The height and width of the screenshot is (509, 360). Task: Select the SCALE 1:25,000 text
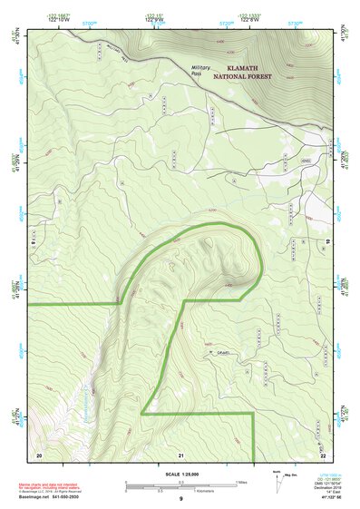point(180,473)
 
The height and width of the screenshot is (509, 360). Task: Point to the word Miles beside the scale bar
point(242,481)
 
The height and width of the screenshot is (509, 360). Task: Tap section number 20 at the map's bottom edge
point(39,454)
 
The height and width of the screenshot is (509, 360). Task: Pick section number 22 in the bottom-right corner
point(323,454)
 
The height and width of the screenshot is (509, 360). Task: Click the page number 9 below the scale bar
point(180,499)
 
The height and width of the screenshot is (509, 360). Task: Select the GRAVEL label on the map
point(224,354)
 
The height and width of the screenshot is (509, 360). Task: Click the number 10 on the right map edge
point(326,240)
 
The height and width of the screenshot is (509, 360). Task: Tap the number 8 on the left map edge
point(33,241)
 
